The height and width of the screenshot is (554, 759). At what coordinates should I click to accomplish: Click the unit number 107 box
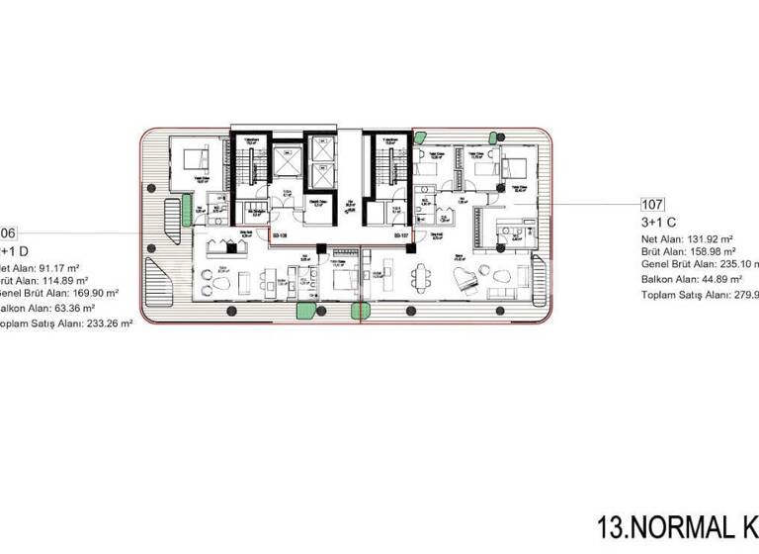pos(652,206)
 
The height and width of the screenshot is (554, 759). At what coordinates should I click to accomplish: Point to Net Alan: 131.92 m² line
pos(687,238)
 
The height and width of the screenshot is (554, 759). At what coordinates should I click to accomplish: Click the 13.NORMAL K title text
pos(676,523)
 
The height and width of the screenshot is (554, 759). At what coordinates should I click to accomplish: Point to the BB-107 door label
pos(399,236)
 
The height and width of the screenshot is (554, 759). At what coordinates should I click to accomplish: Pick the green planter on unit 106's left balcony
pos(185,209)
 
